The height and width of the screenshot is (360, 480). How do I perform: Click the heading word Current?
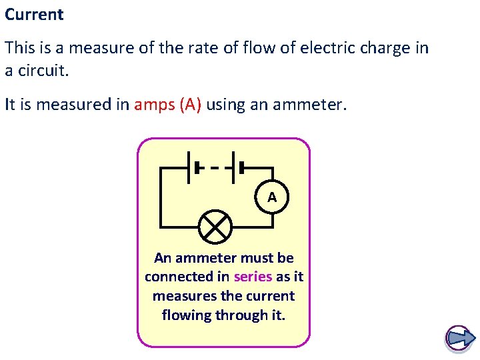[34, 15]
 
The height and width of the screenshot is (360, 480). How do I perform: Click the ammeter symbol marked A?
[272, 197]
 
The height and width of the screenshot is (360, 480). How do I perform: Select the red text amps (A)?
[167, 105]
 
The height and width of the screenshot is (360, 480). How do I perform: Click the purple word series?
[253, 277]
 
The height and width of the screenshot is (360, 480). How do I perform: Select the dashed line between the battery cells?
[214, 167]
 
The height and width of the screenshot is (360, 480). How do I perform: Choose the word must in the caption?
[254, 257]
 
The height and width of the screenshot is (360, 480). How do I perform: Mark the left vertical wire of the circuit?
[160, 197]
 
